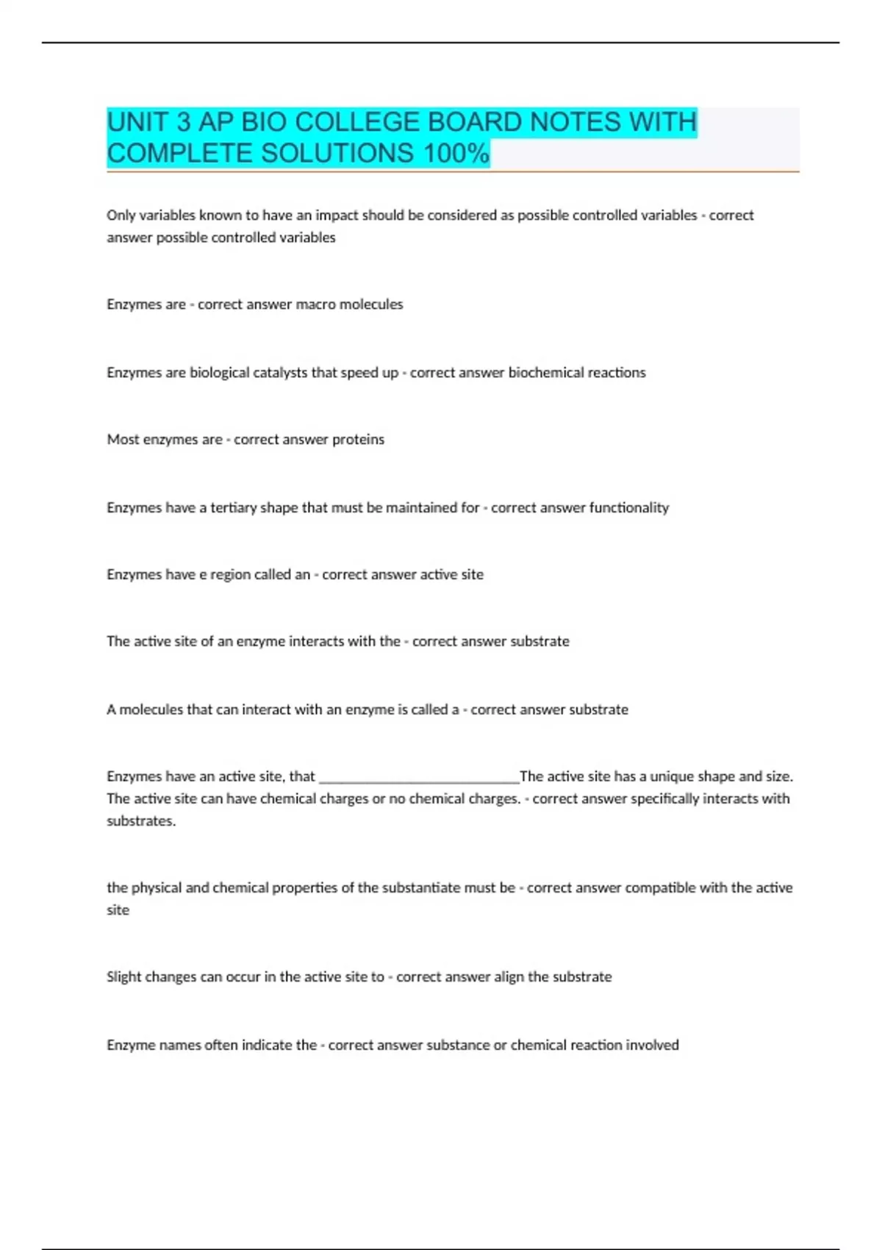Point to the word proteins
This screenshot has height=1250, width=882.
pos(358,440)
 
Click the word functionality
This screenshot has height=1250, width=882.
pos(628,508)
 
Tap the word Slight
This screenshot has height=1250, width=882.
pos(123,977)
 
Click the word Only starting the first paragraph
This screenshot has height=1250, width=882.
pos(121,215)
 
